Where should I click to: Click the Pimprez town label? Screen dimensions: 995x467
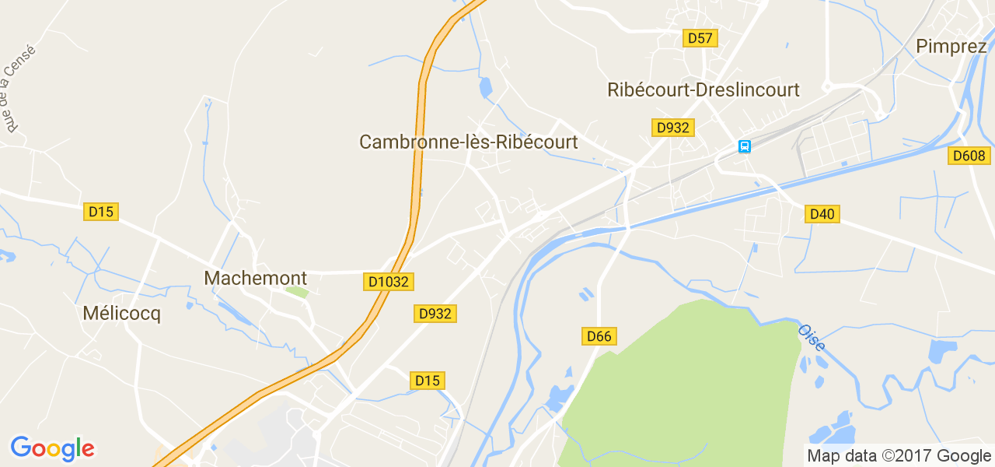(x=951, y=46)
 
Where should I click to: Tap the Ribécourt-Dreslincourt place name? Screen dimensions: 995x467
(x=703, y=90)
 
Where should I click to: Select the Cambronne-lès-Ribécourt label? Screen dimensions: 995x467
(x=468, y=142)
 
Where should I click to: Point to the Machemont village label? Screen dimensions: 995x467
(x=255, y=278)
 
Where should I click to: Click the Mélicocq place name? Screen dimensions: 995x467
(x=121, y=314)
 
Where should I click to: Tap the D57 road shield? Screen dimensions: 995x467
(x=700, y=37)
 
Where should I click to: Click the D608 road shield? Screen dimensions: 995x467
(x=969, y=156)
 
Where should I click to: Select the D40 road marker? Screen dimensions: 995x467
(x=822, y=213)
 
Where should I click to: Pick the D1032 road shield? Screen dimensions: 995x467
(x=387, y=282)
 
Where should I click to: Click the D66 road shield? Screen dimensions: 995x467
(x=599, y=336)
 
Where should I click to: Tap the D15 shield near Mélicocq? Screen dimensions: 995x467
(x=101, y=211)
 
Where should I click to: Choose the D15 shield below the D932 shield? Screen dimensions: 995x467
(x=428, y=381)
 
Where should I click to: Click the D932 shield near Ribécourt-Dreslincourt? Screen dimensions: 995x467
(x=672, y=128)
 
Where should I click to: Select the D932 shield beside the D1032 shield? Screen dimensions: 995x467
(x=435, y=314)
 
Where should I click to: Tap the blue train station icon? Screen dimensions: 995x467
(x=744, y=146)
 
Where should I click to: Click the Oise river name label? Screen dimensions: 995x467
(x=812, y=337)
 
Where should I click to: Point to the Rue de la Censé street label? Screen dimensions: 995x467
(x=18, y=89)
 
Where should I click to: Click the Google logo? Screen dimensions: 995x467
(x=52, y=448)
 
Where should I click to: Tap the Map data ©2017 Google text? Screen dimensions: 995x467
(x=899, y=455)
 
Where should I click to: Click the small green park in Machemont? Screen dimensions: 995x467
(x=296, y=293)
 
